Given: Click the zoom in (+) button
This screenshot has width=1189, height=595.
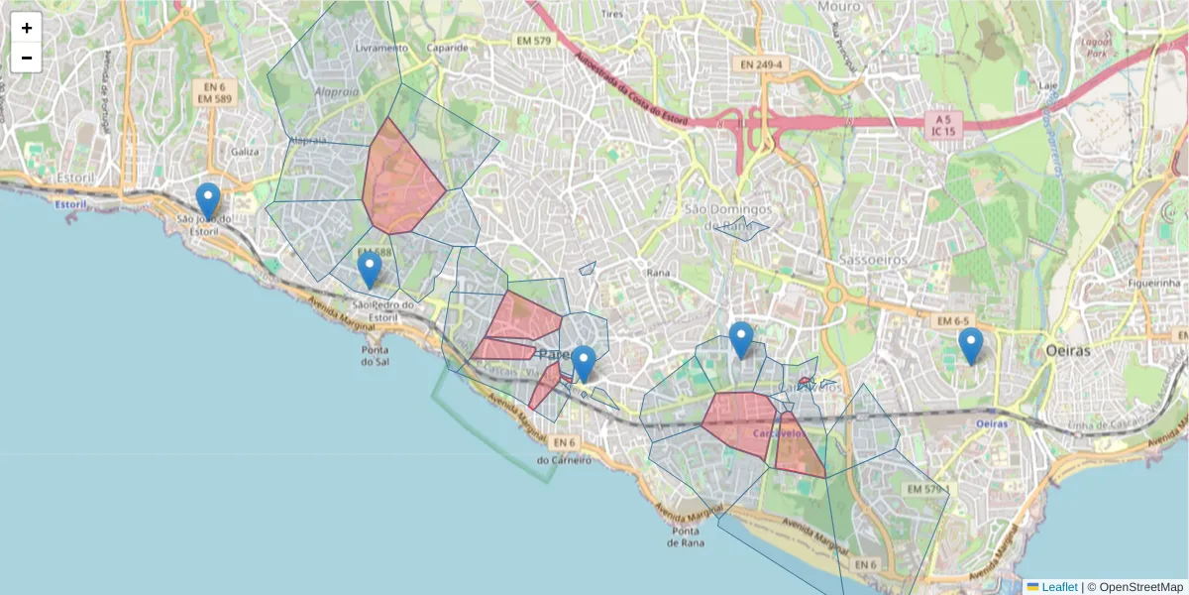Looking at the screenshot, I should coord(27,28).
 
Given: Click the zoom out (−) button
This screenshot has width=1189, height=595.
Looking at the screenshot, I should coord(27,58).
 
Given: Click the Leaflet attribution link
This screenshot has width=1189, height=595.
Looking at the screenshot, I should coord(1058,587).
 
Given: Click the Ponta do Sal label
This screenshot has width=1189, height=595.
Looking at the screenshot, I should coord(375,355).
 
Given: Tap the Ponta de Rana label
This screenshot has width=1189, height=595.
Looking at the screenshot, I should coord(686,536).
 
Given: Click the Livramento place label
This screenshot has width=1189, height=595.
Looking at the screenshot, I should coord(381,48).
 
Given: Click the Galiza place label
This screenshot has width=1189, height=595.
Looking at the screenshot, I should coord(244,152).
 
